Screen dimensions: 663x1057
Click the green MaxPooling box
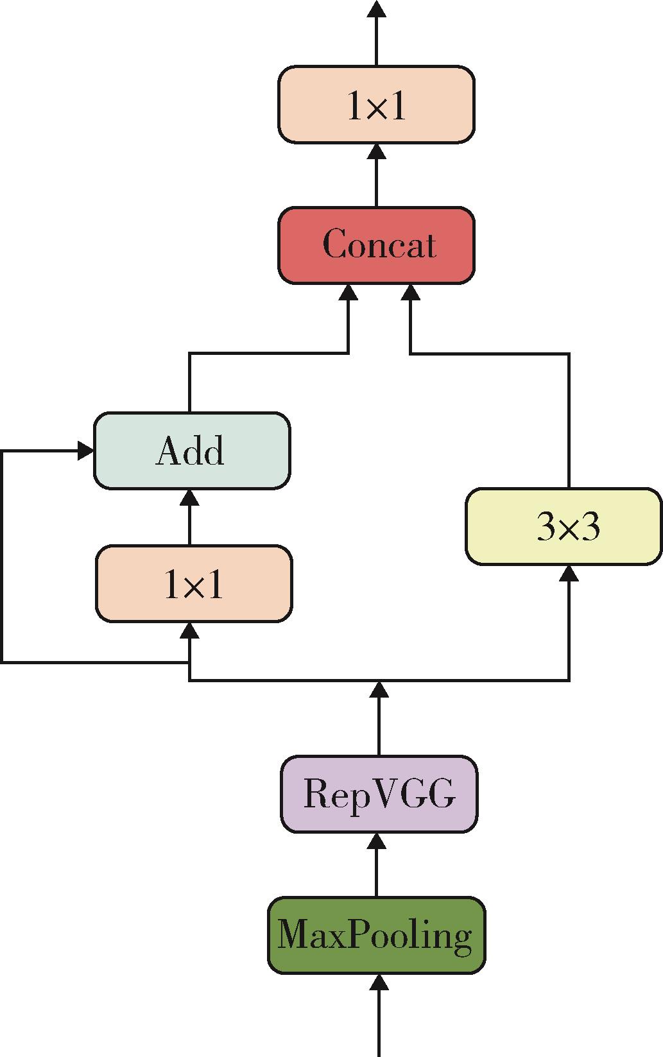tap(377, 935)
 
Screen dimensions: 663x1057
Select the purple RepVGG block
tap(379, 794)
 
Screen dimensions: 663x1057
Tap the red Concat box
tap(376, 245)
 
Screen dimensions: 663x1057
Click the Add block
tap(192, 451)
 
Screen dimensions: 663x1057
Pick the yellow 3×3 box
tap(564, 526)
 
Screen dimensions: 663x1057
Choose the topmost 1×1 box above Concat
tap(376, 104)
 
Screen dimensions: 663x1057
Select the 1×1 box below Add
tap(194, 584)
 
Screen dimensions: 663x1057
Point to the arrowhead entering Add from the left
tap(85, 451)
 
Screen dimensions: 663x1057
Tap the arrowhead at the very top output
tap(377, 9)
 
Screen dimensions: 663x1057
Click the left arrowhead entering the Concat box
tap(349, 292)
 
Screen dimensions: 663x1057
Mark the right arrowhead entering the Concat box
tap(411, 292)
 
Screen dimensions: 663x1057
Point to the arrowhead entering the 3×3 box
tap(569, 573)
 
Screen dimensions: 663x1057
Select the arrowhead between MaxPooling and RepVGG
tap(377, 841)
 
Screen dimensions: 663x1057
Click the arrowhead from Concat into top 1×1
tap(377, 151)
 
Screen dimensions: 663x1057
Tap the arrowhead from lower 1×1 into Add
tap(190, 497)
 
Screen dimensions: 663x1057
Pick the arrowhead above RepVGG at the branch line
tap(379, 689)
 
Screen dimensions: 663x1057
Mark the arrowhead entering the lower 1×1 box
tap(190, 630)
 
